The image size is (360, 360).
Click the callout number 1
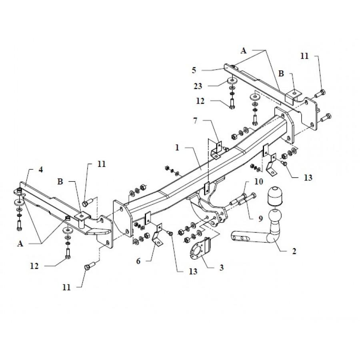pos(177,147)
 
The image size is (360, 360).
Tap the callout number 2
pos(294,251)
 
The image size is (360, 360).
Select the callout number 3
pos(221,268)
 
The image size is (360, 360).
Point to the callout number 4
pos(41,170)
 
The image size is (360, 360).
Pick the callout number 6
pos(138,261)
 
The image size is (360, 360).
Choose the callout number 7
pos(195,120)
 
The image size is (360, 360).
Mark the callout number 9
pos(260,218)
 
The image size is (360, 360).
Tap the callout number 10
pos(258,182)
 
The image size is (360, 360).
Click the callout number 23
pos(198,86)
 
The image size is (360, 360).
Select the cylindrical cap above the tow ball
pos(274,196)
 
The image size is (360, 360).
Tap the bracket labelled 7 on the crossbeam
pos(216,149)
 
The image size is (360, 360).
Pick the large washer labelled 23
pos(232,81)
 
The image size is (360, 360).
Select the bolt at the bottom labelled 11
pos(90,266)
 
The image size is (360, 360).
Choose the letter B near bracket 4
pos(60,182)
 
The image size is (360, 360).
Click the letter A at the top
pos(243,50)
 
